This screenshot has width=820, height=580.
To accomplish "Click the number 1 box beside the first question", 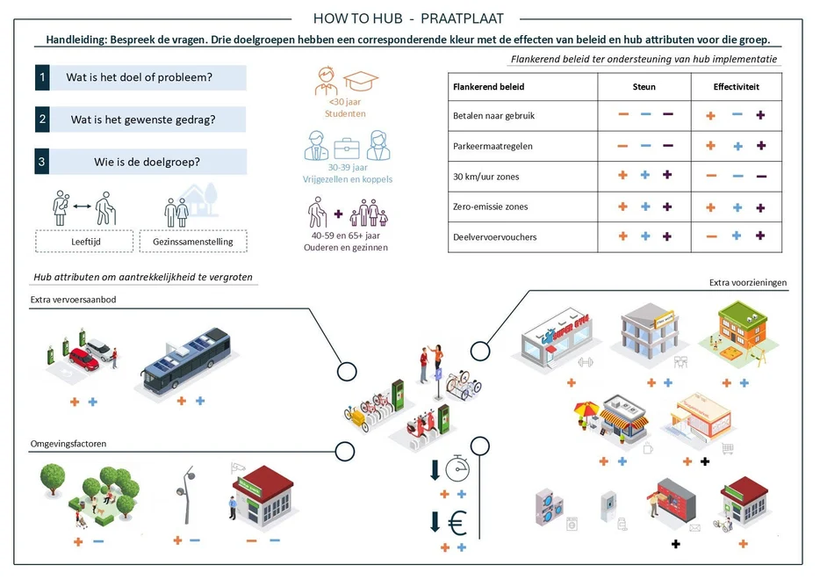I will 42,77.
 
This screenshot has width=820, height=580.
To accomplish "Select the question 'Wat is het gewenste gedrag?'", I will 144,120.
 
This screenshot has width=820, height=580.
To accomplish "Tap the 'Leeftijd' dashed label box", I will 84,241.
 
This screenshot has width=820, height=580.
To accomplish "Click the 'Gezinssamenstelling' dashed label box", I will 192,241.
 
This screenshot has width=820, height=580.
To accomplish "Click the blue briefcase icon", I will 346,147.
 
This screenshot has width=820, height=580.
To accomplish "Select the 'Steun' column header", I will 644,87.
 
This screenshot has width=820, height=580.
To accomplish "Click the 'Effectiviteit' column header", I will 736,87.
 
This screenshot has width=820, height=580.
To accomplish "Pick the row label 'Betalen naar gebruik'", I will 493,115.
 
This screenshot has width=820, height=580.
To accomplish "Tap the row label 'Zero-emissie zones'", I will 491,207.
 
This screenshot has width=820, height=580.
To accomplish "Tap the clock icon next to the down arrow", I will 458,468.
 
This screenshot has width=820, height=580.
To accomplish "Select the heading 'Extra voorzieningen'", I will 748,283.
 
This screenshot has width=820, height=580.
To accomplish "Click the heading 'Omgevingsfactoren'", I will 68,445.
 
